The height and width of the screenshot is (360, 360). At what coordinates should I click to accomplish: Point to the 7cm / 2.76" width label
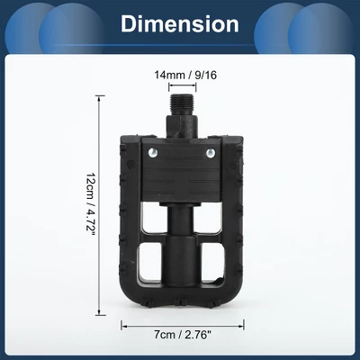(183, 335)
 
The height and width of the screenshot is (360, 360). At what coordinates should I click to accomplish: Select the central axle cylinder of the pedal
(183, 243)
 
